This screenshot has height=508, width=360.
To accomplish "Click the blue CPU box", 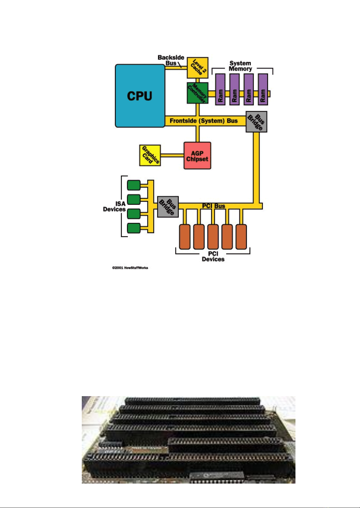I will pos(140,96).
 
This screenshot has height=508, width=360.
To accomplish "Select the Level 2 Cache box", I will pos(197,68).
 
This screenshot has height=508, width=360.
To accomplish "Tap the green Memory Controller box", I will pos(197,93).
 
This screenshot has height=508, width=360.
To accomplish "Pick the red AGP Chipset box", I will pos(197,156).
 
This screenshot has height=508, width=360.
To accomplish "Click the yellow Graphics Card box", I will pos(150,155).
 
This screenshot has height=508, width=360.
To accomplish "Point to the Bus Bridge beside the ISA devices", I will pos(168,207).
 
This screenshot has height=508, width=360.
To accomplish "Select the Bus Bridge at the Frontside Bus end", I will pos(256,122).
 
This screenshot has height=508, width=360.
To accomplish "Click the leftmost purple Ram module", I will pos(221,90).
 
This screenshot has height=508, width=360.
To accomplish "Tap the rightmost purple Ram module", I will pos(263,90).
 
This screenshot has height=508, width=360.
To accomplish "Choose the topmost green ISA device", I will pos(134,185).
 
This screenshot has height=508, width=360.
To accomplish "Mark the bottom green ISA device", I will pos(134,228).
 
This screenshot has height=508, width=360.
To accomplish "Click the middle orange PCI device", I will pos(213,237).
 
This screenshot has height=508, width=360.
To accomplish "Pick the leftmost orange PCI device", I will pos(185,237).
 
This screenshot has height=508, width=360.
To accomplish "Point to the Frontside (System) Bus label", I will pos(203,121).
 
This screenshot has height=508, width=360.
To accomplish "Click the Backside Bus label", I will pos(171,60).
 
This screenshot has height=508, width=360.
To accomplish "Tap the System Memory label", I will pos(240,66).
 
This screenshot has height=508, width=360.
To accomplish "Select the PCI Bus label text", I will pos(214,206).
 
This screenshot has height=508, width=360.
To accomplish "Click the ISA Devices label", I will pos(115,207).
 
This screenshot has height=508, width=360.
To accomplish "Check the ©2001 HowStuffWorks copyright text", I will pos(130,268).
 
